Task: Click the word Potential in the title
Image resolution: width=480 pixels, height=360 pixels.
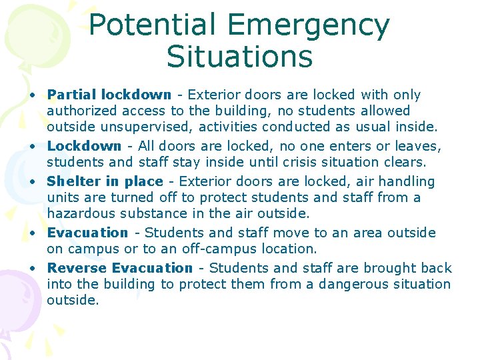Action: tap(153, 25)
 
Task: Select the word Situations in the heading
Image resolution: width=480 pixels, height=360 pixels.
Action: tap(239, 57)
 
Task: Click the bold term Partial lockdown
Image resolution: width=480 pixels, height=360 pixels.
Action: tap(109, 95)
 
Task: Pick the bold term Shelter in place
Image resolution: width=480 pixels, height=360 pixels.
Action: tap(105, 181)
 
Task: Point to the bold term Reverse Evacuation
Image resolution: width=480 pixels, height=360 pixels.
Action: tap(120, 268)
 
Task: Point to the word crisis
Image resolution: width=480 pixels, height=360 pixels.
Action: tap(301, 163)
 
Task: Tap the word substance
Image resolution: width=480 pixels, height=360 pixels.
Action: tap(155, 213)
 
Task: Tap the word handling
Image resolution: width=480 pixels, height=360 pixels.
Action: tap(408, 181)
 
